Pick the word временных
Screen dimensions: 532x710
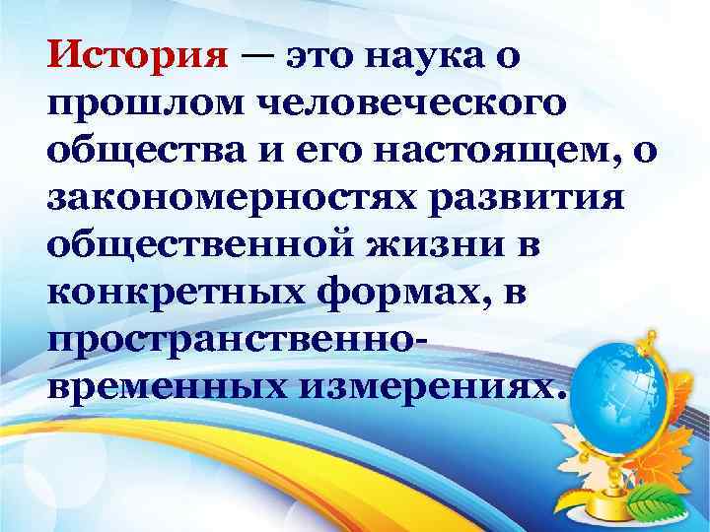pos(152,386)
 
